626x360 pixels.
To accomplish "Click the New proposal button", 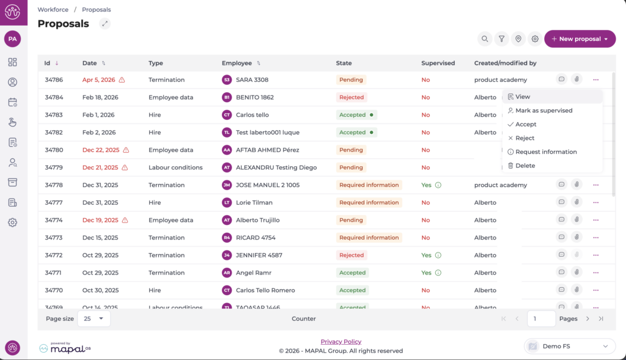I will pyautogui.click(x=579, y=39).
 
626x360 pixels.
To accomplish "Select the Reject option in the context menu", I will pyautogui.click(x=525, y=138).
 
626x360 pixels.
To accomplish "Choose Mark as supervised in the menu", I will pyautogui.click(x=543, y=111).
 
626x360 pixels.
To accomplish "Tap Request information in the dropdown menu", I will pyautogui.click(x=546, y=152).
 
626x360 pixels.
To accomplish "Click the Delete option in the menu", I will pyautogui.click(x=525, y=166).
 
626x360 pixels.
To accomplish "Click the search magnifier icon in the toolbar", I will pyautogui.click(x=485, y=39).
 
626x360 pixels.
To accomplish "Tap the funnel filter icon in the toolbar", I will pyautogui.click(x=501, y=39).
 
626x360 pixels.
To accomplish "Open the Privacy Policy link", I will pyautogui.click(x=341, y=342).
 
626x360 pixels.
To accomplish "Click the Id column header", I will pyautogui.click(x=47, y=63).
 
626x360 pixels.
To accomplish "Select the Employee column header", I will pyautogui.click(x=237, y=63).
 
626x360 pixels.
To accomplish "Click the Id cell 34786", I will pyautogui.click(x=54, y=79).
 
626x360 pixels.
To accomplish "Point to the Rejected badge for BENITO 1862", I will pyautogui.click(x=352, y=97).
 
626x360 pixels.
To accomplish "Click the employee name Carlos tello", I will pyautogui.click(x=252, y=115).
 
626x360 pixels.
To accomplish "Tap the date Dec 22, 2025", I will pyautogui.click(x=101, y=150).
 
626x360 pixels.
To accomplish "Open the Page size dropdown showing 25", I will pyautogui.click(x=94, y=318).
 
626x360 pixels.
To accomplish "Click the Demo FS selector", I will pyautogui.click(x=569, y=347).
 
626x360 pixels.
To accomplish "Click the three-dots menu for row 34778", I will pyautogui.click(x=595, y=185).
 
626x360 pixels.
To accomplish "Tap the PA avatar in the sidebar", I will pyautogui.click(x=12, y=39).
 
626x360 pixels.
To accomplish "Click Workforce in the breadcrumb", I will pyautogui.click(x=53, y=10).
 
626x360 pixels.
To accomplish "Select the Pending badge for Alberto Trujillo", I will pyautogui.click(x=351, y=220).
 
